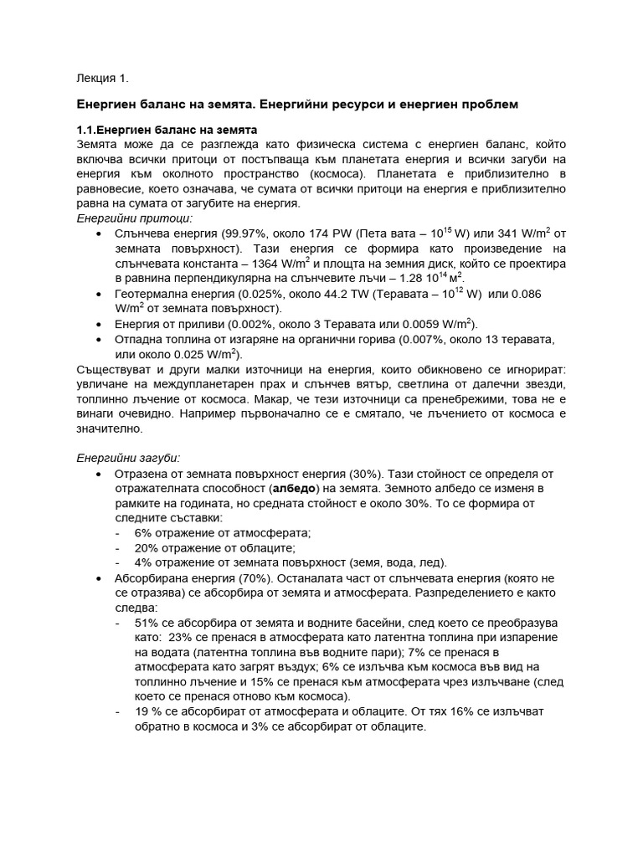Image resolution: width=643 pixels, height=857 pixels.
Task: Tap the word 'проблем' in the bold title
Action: pos(488,105)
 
